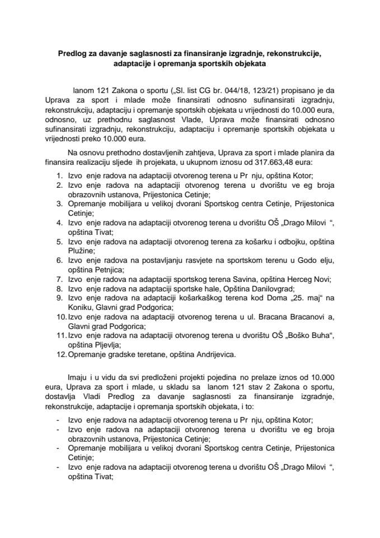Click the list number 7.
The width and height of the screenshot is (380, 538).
[x=60, y=279]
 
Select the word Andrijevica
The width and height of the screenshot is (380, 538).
[x=217, y=355]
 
